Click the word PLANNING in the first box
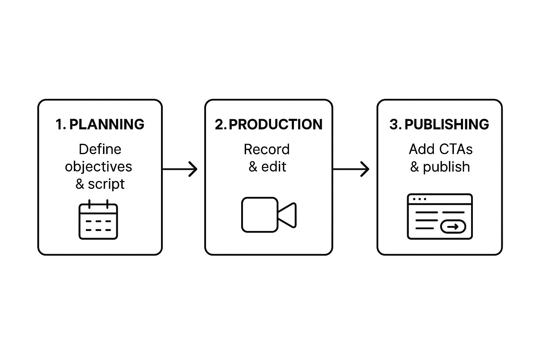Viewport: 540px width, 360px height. click(x=107, y=124)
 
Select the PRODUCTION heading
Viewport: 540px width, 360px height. click(x=275, y=124)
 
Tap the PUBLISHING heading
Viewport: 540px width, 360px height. click(x=446, y=124)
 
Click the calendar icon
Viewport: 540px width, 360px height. click(x=98, y=220)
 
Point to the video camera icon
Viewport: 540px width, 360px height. click(x=269, y=215)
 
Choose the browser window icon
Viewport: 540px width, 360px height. click(x=439, y=217)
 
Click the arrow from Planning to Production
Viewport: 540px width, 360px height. click(x=180, y=169)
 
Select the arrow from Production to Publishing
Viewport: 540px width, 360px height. click(x=351, y=169)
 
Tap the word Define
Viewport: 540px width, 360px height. click(x=100, y=149)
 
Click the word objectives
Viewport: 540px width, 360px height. click(x=98, y=167)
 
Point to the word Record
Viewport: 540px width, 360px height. click(x=266, y=149)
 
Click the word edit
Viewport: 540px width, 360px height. click(x=274, y=167)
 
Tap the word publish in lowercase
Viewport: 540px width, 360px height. click(x=446, y=167)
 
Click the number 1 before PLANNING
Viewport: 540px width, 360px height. click(x=59, y=124)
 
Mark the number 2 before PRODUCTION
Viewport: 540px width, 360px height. click(x=219, y=124)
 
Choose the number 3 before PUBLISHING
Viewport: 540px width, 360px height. click(x=394, y=124)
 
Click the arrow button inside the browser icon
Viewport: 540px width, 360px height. click(x=453, y=227)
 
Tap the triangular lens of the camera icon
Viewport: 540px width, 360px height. click(x=288, y=215)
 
